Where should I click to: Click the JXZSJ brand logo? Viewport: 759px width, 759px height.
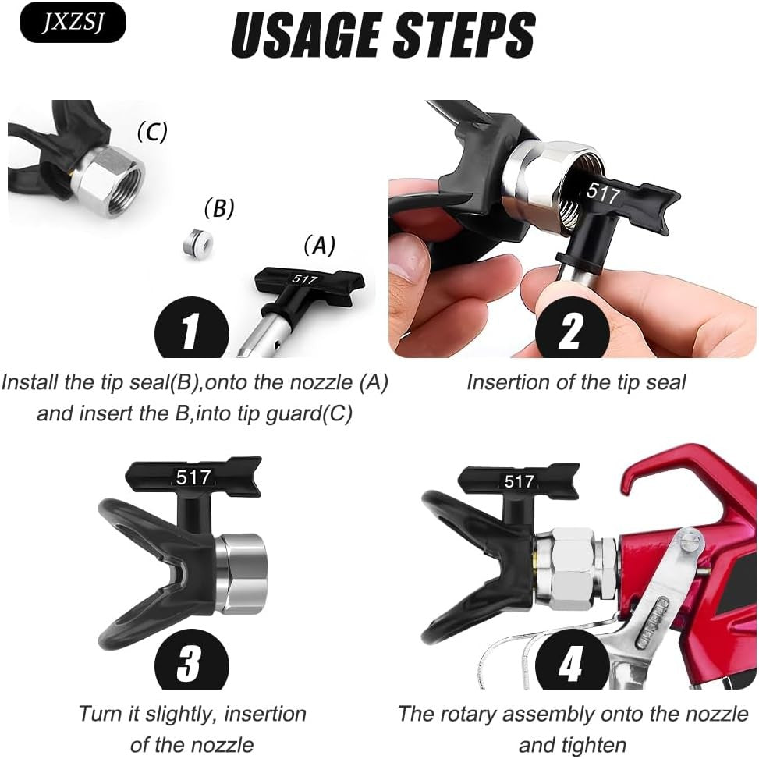73,22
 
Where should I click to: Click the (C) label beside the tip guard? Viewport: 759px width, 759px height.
152,132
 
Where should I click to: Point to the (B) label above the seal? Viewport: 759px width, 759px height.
218,208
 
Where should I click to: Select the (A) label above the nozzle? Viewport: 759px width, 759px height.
319,245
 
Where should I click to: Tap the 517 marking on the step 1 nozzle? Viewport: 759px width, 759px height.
304,279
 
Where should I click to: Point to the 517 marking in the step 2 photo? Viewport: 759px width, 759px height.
603,193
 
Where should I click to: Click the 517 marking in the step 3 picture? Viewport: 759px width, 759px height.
193,477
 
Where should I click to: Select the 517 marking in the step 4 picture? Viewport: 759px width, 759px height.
519,481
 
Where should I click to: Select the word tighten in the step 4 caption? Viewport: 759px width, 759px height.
572,745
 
